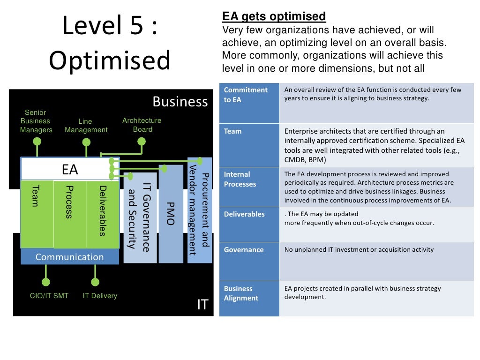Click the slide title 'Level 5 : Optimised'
(110, 44)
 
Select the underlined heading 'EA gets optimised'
(274, 17)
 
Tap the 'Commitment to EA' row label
(246, 95)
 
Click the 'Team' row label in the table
(232, 131)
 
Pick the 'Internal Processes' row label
(240, 179)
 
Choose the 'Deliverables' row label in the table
(244, 214)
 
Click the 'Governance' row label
(243, 250)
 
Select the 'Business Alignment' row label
(241, 293)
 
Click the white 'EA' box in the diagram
(70, 169)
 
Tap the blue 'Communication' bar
(70, 257)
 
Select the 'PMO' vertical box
(171, 214)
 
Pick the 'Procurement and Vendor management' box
(199, 210)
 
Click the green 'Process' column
(70, 213)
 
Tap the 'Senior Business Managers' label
(36, 121)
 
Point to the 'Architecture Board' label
(142, 125)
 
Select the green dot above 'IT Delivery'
(95, 282)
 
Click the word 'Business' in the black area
(180, 102)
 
